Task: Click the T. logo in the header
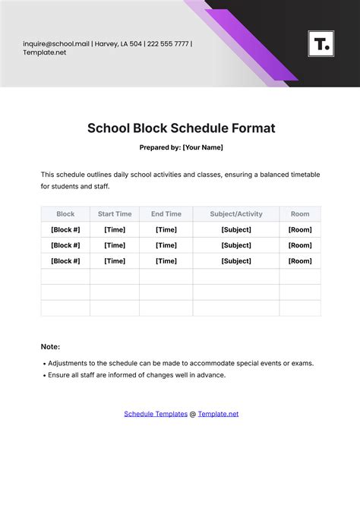point(321,43)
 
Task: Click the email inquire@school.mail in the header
point(56,43)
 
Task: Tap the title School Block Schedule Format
point(180,128)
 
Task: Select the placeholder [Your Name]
point(203,147)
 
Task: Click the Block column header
point(65,214)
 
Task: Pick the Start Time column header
point(115,214)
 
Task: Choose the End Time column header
point(166,214)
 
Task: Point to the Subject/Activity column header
point(236,214)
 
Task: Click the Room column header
point(300,214)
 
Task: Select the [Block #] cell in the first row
point(65,229)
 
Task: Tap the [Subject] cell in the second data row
point(236,245)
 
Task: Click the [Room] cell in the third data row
point(300,260)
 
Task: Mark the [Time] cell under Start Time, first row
point(115,229)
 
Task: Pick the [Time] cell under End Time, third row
point(166,260)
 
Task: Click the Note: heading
point(50,346)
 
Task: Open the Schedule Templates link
point(155,414)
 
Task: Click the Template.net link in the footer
point(218,414)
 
